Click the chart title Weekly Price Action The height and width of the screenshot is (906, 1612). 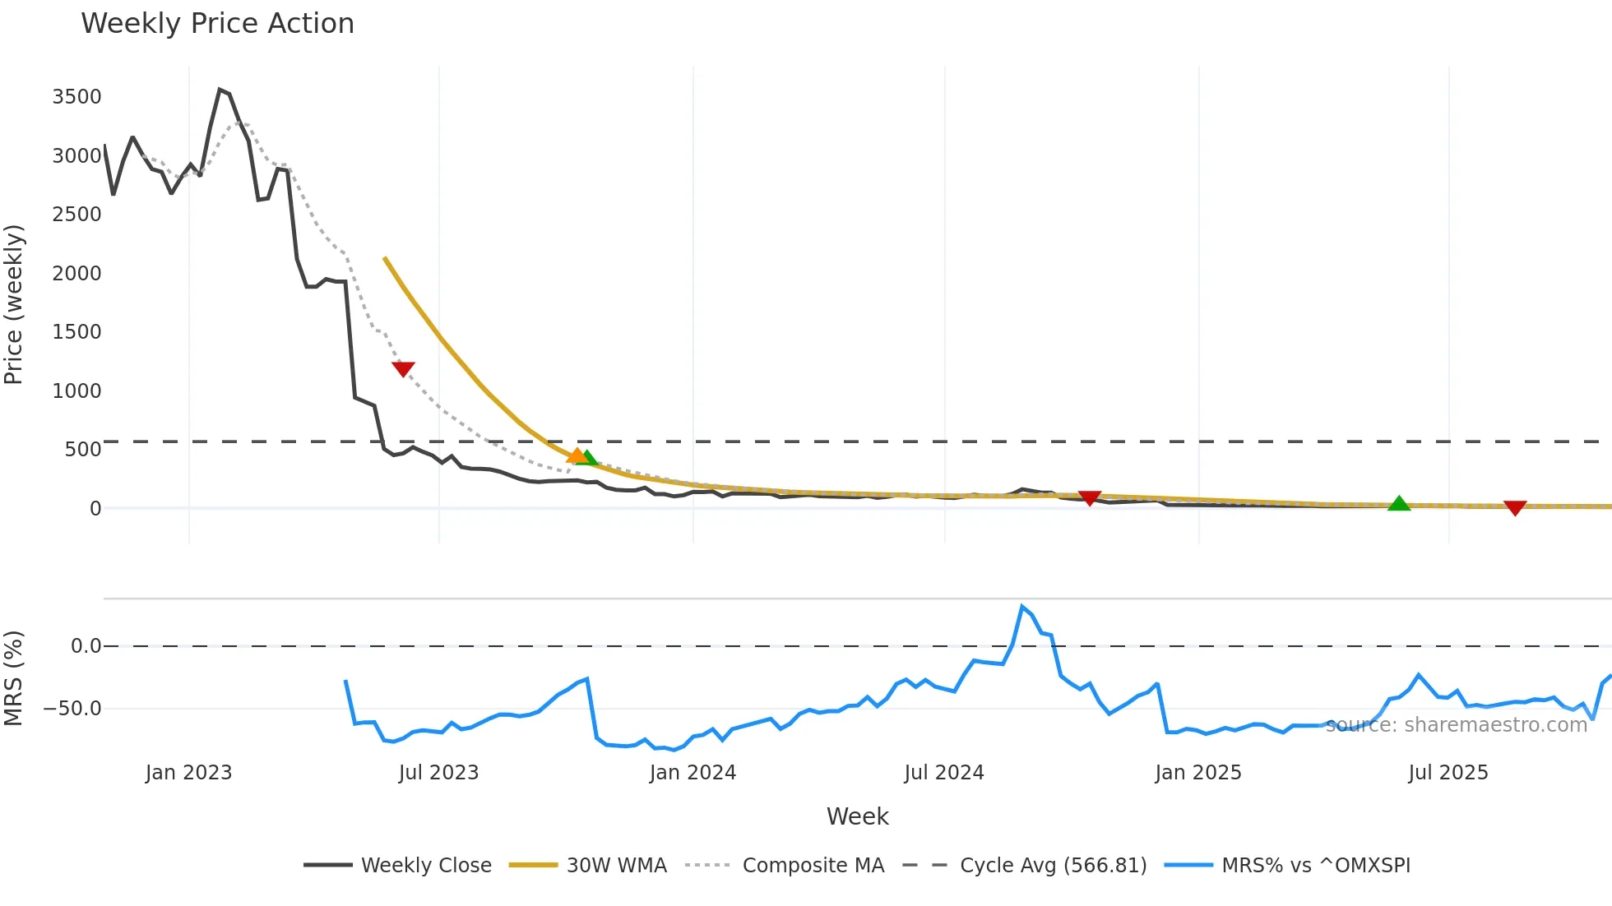[217, 24]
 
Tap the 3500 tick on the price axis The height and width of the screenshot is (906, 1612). [76, 97]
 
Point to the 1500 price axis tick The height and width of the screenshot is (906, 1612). [76, 332]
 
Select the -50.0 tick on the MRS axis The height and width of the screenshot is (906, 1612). [72, 709]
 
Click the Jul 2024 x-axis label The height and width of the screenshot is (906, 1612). [943, 773]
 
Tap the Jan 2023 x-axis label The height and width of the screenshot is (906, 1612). [188, 773]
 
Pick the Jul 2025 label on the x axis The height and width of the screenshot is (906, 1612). [1448, 773]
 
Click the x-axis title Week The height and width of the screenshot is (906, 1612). [857, 816]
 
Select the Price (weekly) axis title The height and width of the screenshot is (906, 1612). [14, 304]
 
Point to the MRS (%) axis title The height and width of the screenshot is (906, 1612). [14, 678]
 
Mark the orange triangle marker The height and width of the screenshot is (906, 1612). [577, 455]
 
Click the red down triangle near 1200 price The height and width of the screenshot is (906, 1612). [403, 369]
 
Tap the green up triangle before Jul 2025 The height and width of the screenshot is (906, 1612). [1399, 503]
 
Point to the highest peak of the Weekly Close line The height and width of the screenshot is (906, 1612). [220, 89]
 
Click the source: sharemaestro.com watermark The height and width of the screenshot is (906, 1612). [1456, 725]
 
